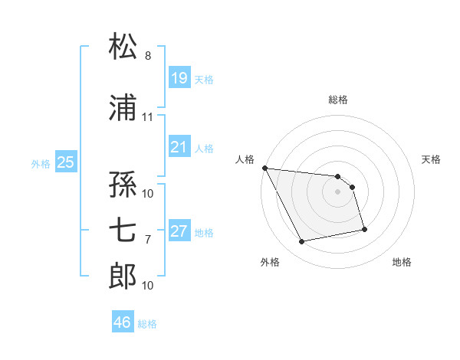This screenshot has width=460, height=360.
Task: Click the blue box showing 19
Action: pos(179,77)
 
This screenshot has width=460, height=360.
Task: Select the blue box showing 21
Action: pos(179,147)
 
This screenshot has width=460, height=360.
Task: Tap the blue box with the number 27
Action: pos(179,231)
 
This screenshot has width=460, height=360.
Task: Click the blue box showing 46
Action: pos(123,322)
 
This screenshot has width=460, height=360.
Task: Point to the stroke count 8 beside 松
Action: pos(148,56)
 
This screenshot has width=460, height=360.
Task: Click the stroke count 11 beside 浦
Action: pos(148,117)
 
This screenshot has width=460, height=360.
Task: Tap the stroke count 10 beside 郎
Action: pos(148,286)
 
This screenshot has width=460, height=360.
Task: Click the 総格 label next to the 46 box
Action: pos(148,324)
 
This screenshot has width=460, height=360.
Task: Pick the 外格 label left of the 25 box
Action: pos(41,163)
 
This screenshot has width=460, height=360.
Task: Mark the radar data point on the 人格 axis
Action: pos(264,168)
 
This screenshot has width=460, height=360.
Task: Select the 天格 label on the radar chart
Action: pos(432,159)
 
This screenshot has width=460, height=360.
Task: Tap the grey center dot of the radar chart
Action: pos(338,191)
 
